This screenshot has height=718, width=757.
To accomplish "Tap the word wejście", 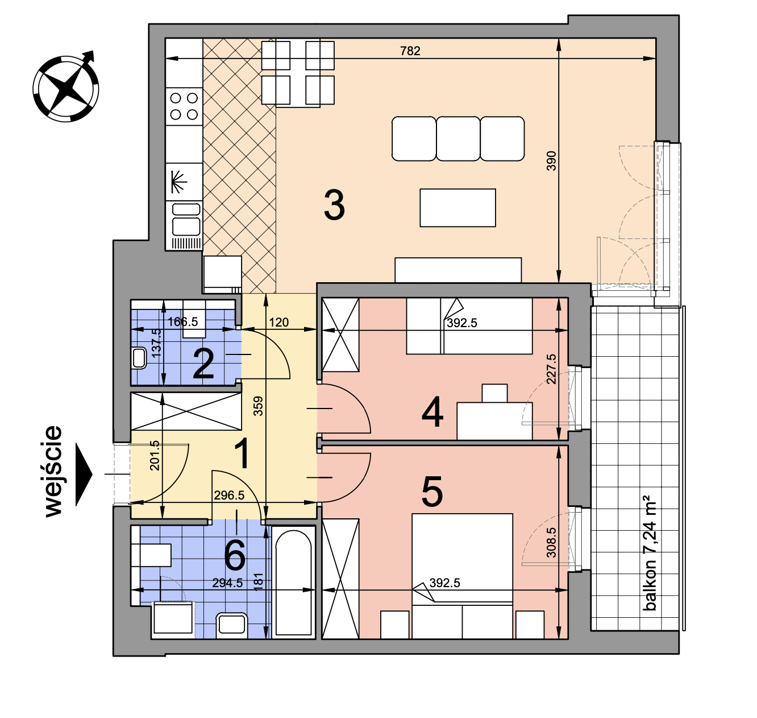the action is coord(53,471).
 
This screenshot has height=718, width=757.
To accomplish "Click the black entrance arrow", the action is coord(84,474).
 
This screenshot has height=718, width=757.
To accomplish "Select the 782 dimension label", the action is coord(410,51).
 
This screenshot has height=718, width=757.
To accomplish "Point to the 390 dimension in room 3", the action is coord(551,161).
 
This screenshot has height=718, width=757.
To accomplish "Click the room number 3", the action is coord(334,205).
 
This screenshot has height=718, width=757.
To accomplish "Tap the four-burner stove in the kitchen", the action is coord(184,106).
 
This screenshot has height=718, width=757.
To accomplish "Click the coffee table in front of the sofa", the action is coord(457,208).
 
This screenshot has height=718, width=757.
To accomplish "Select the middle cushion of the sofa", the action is coord(458,139).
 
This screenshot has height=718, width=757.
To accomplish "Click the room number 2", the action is coord(203,364).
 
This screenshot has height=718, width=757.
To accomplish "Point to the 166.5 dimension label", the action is coord(183,321).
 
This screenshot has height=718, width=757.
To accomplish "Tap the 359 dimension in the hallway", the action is coord(258,406).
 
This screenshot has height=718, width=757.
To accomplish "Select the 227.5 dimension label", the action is coord(551,369).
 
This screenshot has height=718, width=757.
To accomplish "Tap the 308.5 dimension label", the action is coord(551,543).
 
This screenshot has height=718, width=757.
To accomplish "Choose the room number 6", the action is coord(235,555).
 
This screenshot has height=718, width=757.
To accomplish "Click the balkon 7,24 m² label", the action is coord(649,553).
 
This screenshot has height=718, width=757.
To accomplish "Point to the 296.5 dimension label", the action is coord(229,495).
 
